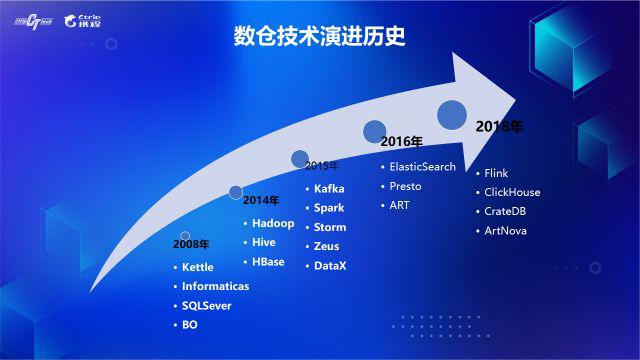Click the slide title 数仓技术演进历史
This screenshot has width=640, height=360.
(319, 37)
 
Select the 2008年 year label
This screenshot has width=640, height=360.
(191, 244)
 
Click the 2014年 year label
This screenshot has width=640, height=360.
(261, 200)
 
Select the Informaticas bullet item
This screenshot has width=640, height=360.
(215, 287)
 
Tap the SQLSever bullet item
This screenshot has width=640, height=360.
(206, 306)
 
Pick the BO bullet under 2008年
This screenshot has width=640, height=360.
(189, 325)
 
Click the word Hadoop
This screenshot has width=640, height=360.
(273, 224)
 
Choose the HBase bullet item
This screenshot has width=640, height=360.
(268, 262)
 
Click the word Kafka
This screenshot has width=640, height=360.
(329, 189)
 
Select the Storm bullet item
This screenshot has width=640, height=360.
(330, 227)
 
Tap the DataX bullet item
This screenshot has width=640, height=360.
(330, 265)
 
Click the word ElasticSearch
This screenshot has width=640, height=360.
(422, 167)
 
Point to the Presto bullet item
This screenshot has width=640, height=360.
(405, 186)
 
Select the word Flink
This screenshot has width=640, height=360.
(496, 173)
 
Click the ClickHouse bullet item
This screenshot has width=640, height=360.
(512, 192)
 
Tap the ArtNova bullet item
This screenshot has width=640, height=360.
(506, 231)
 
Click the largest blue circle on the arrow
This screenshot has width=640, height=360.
(453, 115)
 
